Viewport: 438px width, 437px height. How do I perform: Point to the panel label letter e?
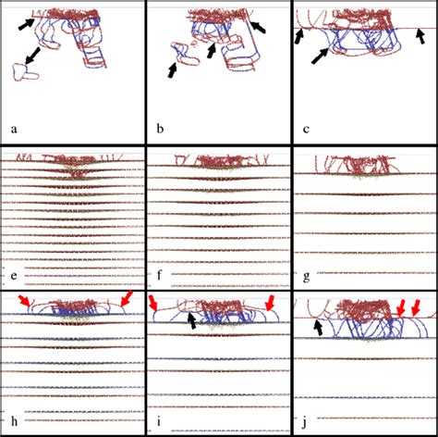(x=13, y=276)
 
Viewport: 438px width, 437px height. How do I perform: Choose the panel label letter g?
(x=306, y=275)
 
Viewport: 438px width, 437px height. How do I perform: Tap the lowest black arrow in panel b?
(x=175, y=67)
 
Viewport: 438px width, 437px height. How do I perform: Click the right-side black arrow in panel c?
(x=420, y=35)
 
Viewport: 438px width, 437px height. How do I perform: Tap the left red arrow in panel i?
(x=156, y=305)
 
